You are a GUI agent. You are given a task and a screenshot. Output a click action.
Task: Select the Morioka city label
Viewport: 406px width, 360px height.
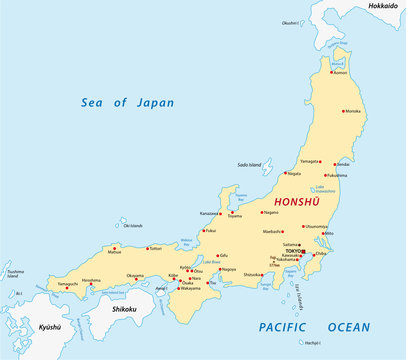pyautogui.click(x=353, y=111)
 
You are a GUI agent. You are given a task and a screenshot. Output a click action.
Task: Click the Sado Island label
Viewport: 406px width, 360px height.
pyautogui.click(x=249, y=164)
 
